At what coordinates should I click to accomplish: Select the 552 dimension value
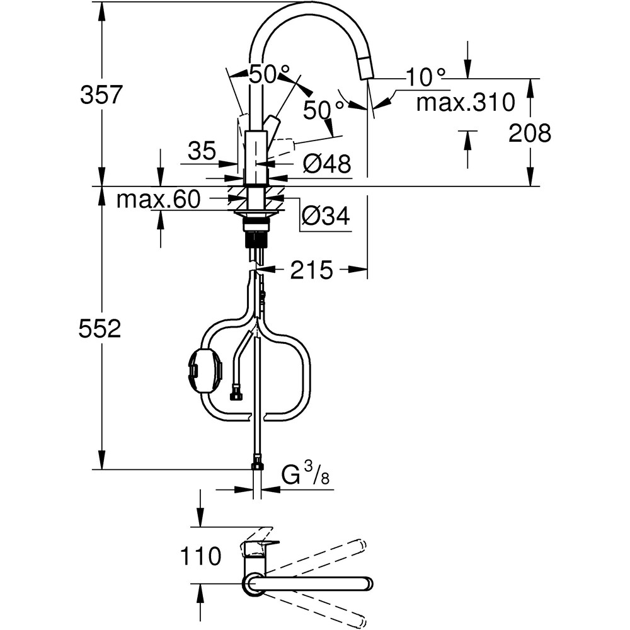100,328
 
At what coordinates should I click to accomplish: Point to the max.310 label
466,101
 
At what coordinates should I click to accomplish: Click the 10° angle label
425,77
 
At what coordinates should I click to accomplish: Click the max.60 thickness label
159,200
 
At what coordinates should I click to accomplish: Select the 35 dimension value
202,151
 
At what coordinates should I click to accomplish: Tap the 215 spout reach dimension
311,270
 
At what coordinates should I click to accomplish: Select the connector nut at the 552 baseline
256,467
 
